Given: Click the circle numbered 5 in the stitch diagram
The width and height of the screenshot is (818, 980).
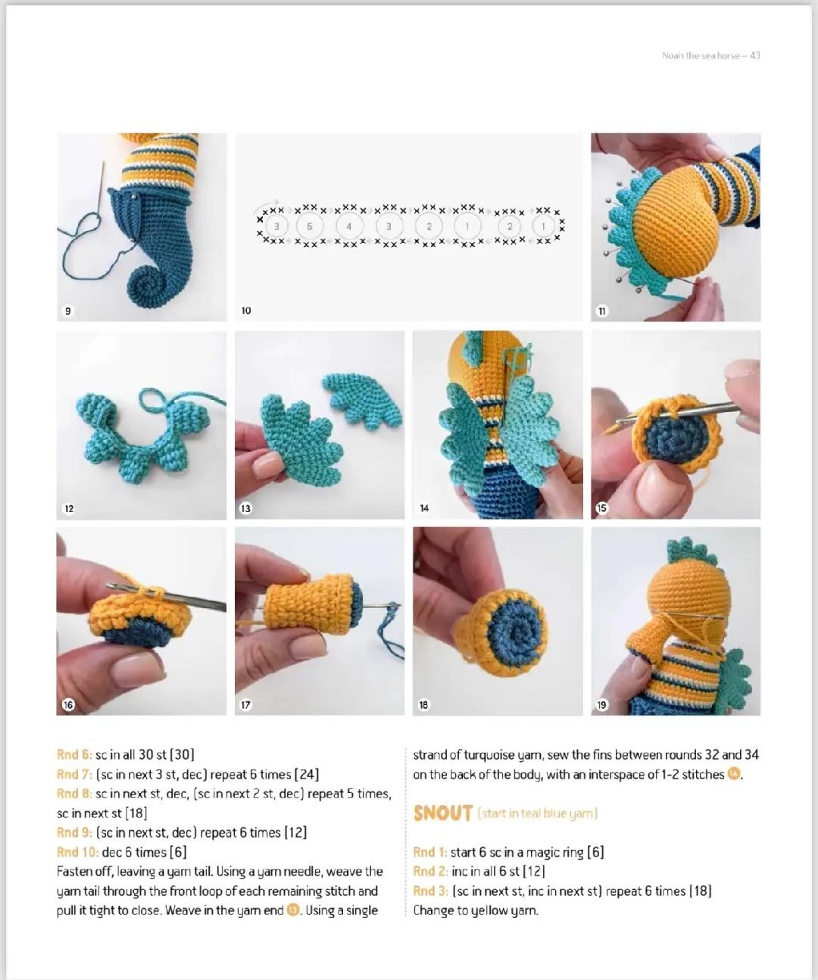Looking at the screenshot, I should [x=309, y=226].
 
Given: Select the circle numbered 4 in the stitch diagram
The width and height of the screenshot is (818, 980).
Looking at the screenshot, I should [x=348, y=226].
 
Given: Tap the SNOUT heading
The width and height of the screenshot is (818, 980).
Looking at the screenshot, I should [x=443, y=813].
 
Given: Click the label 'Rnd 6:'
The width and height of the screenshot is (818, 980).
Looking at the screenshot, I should [x=74, y=754].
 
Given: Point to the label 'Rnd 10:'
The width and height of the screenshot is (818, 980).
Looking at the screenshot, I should [x=77, y=852].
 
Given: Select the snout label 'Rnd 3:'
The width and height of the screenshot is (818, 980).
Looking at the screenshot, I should [x=430, y=891].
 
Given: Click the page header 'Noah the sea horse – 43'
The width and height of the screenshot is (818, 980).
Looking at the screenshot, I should [x=710, y=55].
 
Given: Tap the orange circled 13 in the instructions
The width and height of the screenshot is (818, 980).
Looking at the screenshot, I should [x=293, y=910].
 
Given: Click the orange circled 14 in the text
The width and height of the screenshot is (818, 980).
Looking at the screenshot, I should [x=733, y=774].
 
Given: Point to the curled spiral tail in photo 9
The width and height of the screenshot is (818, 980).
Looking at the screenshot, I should [x=144, y=287].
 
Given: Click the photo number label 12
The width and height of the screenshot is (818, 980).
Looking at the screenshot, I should [x=69, y=508].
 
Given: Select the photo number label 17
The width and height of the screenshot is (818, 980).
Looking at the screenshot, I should [x=246, y=704].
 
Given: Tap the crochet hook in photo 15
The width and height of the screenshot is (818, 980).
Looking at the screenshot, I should [x=682, y=411].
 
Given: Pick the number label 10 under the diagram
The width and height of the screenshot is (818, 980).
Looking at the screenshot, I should [x=246, y=311].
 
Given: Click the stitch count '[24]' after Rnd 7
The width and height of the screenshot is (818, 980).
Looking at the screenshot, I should [x=306, y=774].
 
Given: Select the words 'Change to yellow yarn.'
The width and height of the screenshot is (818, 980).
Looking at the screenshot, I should [x=476, y=910].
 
